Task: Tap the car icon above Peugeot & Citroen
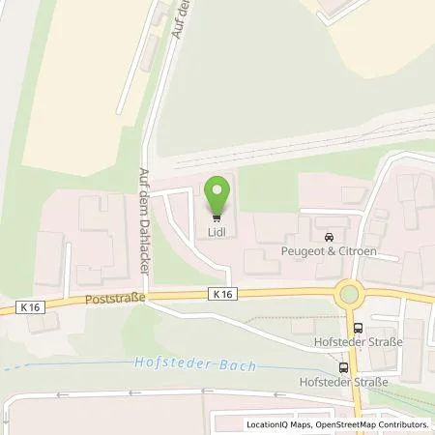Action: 330,236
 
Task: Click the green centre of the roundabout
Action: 349,294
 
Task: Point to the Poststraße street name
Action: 116,300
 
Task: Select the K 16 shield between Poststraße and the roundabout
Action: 223,293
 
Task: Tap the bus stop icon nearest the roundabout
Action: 359,329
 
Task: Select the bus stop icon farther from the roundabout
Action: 343,367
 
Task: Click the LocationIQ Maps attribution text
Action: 278,425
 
